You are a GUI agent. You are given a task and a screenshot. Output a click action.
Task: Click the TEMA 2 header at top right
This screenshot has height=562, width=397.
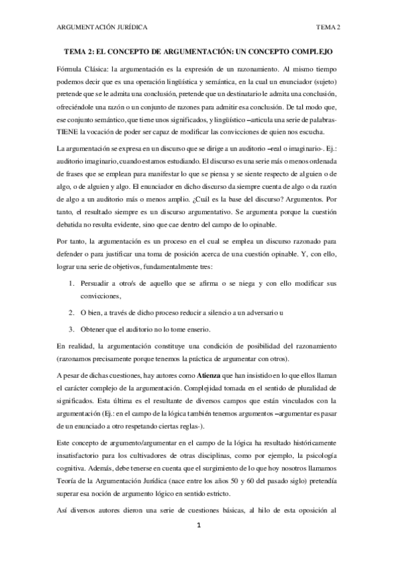tap(328, 27)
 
